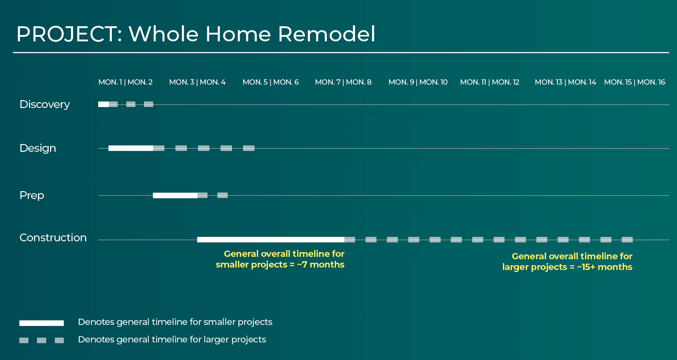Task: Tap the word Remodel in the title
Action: [326, 34]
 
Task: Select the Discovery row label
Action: [45, 104]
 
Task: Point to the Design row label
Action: [38, 148]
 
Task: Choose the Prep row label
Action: [32, 196]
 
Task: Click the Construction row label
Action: [53, 237]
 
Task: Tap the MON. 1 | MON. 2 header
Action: [125, 82]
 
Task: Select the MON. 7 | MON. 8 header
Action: [343, 82]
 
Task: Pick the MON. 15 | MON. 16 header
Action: [635, 82]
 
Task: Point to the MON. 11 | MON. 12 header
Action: [490, 82]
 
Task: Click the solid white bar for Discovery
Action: [104, 104]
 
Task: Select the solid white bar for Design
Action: [131, 148]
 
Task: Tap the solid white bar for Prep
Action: [175, 195]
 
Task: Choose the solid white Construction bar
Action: [271, 240]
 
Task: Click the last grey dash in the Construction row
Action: [627, 240]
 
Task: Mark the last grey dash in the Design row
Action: [249, 148]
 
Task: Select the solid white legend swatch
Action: [42, 323]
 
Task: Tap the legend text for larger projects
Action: [172, 340]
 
